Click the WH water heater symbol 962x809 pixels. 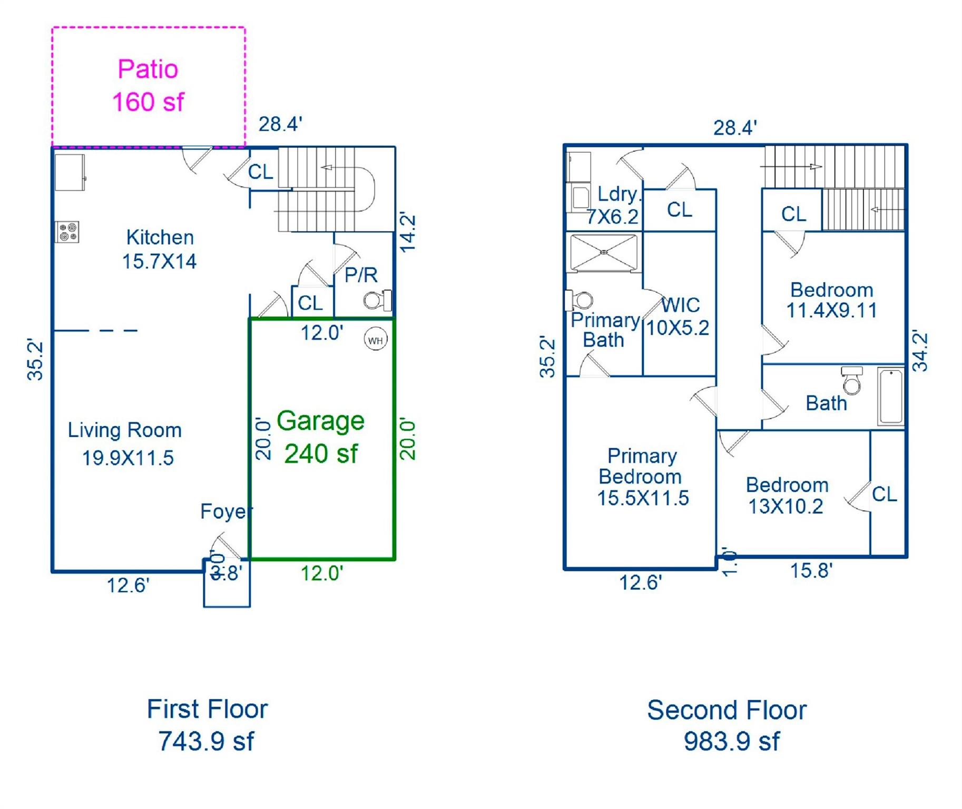pos(376,340)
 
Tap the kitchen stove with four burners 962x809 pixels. pos(67,232)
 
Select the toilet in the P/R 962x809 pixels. pos(376,300)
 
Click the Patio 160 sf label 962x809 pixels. pos(148,85)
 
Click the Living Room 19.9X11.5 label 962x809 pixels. pos(125,444)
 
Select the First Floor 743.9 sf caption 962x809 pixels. pos(207,725)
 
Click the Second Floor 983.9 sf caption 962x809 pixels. pos(727,725)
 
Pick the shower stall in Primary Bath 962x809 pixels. pos(604,253)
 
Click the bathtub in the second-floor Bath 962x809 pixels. pos(891,397)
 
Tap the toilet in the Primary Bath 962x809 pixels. pos(581,301)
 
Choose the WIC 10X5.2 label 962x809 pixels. pos(679,316)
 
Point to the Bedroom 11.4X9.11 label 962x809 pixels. pos(832,300)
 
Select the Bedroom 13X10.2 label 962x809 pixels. pos(787,495)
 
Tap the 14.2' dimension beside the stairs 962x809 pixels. pos(408,232)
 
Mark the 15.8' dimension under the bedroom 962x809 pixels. pos(811,570)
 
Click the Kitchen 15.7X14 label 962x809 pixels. pos(159,249)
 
